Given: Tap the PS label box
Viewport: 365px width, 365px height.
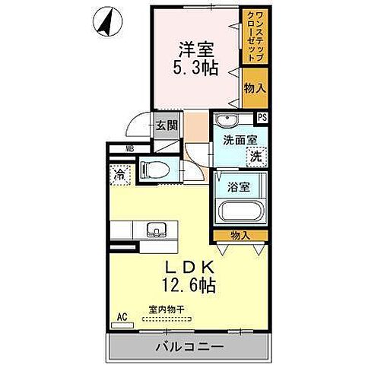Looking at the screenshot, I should tap(262, 117).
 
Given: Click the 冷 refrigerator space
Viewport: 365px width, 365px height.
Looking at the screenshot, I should tap(119, 175).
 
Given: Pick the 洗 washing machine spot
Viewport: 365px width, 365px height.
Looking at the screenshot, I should tap(257, 156).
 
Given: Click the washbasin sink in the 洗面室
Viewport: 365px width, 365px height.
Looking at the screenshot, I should tap(226, 121).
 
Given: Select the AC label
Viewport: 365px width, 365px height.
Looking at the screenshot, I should tap(122, 315).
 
